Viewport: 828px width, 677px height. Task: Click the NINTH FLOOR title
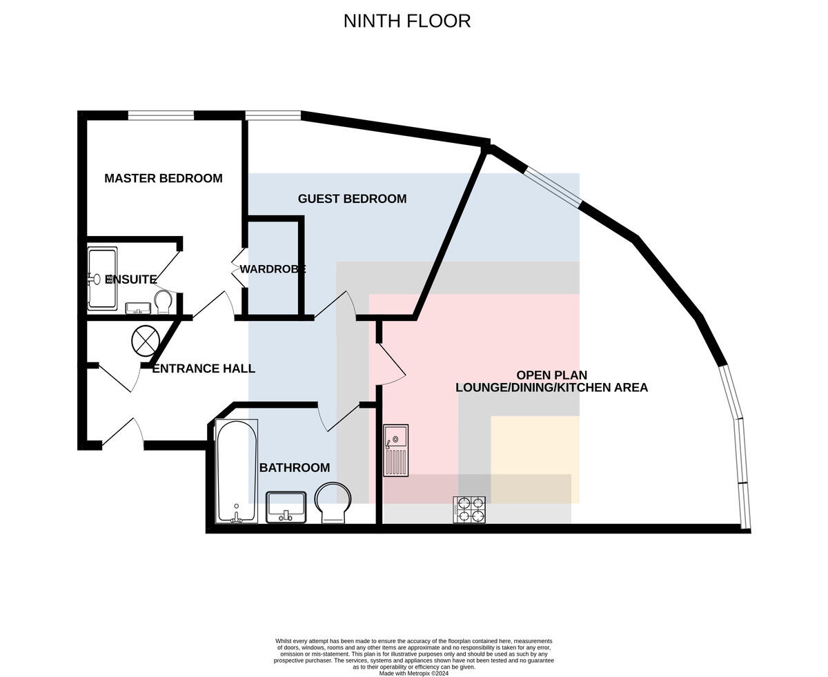tap(406, 21)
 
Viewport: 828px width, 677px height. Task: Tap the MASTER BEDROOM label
tap(164, 178)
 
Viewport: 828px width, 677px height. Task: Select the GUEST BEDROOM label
tap(352, 199)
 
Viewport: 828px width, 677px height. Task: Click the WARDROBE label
tap(273, 269)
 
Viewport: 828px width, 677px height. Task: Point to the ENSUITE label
tap(131, 279)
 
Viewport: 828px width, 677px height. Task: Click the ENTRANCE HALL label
tap(204, 369)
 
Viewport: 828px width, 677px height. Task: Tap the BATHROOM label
tap(295, 467)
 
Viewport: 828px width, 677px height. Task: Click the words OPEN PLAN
tap(551, 375)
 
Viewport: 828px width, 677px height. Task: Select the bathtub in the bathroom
tap(237, 471)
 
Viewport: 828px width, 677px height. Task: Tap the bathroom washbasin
tap(286, 507)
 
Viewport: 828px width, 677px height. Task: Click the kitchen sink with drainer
tap(396, 451)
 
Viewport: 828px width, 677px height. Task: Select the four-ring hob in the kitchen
tap(469, 510)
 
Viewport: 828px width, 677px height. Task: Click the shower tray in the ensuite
tap(102, 278)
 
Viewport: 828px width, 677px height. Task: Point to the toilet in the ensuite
tap(163, 302)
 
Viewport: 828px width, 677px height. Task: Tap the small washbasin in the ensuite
tap(138, 308)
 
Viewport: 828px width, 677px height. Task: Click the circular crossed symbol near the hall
tap(146, 340)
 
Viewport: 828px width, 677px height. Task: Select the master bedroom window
tap(161, 115)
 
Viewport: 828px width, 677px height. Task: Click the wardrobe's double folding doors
tap(239, 268)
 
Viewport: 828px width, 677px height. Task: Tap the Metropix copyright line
tap(413, 674)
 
